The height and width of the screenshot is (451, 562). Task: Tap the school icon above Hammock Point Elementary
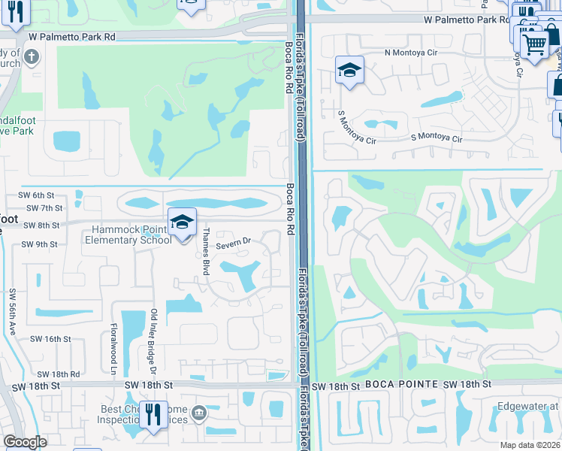pos(181,222)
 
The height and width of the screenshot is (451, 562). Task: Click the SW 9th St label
pos(40,244)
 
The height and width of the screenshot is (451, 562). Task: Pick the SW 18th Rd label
pos(58,374)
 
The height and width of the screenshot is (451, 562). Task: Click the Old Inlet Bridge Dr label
pos(153,342)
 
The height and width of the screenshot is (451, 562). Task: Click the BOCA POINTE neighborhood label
pos(402,384)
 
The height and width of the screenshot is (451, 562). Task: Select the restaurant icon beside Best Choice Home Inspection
pos(153,415)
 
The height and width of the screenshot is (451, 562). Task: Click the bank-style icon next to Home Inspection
pos(199,412)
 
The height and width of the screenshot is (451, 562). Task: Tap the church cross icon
pos(31,56)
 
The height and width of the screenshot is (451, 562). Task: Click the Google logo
pos(26,442)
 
